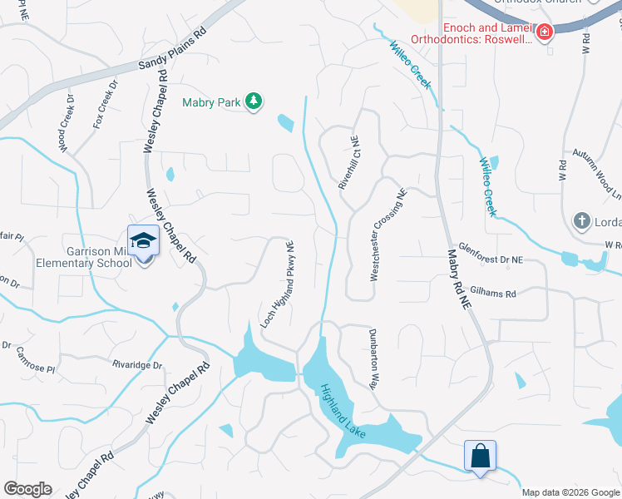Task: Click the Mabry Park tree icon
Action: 254,102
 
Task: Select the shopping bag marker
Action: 480,456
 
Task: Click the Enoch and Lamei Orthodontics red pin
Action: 544,33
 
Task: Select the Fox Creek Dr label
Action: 106,104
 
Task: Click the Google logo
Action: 27,489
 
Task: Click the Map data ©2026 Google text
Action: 570,492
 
